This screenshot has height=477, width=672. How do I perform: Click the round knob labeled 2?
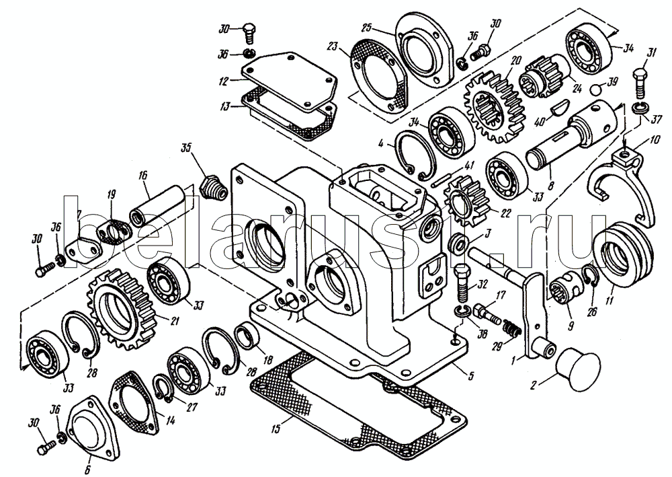(577, 368)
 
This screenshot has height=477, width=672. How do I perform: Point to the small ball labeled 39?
(595, 88)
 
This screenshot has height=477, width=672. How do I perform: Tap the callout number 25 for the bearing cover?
(366, 29)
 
